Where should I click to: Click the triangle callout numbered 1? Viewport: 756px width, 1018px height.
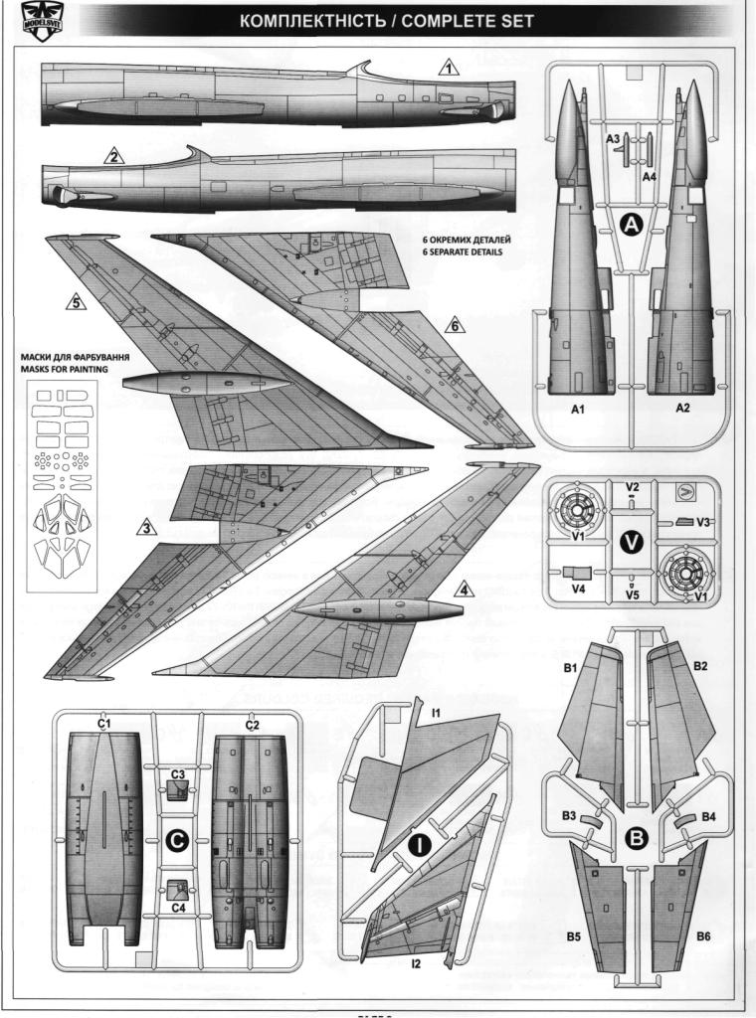click(x=449, y=69)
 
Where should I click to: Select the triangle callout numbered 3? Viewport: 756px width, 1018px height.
click(x=146, y=528)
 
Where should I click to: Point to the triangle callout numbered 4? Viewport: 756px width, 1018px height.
click(x=463, y=589)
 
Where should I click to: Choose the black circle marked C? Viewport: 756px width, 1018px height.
click(x=177, y=841)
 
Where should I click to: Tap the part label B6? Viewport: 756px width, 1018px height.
click(x=703, y=936)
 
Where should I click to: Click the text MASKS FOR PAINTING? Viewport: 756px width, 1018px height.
click(x=79, y=369)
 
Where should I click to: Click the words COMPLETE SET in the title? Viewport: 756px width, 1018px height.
click(x=472, y=20)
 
